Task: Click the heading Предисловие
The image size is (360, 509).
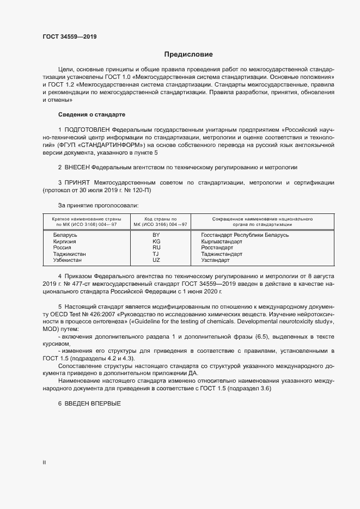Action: tap(188, 54)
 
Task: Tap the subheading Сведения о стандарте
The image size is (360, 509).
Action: tap(91, 115)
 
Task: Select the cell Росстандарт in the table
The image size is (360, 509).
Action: tap(217, 247)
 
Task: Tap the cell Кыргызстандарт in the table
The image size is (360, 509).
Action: tap(221, 241)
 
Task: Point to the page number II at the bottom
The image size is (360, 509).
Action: tap(44, 463)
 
